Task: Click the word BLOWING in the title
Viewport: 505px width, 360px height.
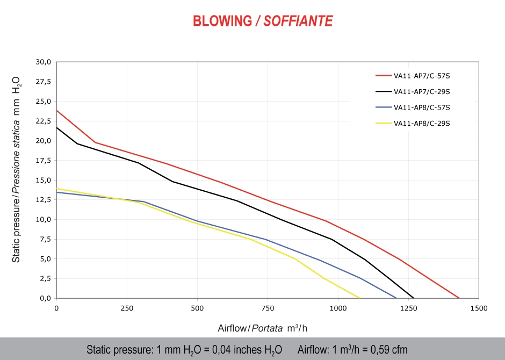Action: tap(222, 21)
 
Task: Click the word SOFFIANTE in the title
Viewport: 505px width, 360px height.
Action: tap(299, 21)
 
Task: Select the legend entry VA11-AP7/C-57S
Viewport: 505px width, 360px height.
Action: tap(421, 76)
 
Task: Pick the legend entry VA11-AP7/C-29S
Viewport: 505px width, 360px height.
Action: tap(421, 91)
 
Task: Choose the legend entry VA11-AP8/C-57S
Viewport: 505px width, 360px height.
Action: tap(421, 107)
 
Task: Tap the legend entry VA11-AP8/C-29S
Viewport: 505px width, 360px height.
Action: tap(421, 123)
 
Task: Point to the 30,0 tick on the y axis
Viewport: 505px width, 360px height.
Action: tap(43, 62)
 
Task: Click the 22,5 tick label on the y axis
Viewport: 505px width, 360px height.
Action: tap(43, 121)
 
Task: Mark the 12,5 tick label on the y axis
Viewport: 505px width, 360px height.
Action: tap(43, 199)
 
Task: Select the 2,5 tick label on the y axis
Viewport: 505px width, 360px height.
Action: tap(45, 278)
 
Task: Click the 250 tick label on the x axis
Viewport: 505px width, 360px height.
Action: tap(127, 308)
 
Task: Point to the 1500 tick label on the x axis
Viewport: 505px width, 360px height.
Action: tap(478, 308)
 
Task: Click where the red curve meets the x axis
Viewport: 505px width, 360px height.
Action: tap(460, 298)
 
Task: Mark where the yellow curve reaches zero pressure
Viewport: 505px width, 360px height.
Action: tap(359, 298)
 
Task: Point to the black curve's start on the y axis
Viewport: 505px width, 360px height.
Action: tap(56, 127)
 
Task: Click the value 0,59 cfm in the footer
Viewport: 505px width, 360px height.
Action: tap(385, 350)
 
